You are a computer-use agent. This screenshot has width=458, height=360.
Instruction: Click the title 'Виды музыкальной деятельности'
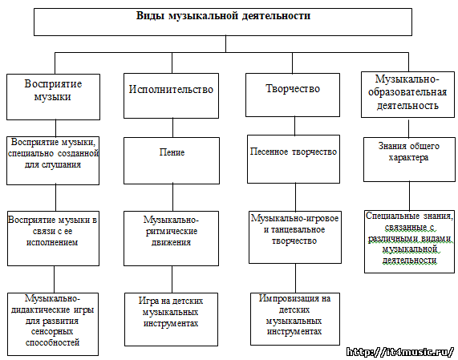pos(223,16)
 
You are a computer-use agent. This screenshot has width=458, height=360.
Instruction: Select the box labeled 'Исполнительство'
pos(171,95)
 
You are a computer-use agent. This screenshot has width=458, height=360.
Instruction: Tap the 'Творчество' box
pos(293,95)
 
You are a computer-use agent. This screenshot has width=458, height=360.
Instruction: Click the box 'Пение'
pos(172,160)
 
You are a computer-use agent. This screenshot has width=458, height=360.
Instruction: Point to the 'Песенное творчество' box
pos(294,159)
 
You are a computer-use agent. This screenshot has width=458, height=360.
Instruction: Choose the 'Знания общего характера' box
pos(409,160)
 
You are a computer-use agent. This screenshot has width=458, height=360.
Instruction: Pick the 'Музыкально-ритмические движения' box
pos(171,238)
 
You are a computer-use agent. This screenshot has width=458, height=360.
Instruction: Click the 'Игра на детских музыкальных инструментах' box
pos(171,319)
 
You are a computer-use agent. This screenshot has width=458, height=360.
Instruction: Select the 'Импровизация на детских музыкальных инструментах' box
pos(295,319)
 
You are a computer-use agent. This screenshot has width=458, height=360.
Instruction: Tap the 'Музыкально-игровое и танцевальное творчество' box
pos(295,237)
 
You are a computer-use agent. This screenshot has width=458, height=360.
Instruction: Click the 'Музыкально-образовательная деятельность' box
pos(407,95)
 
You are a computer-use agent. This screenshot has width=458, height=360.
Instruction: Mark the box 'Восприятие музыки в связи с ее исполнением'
pos(53,238)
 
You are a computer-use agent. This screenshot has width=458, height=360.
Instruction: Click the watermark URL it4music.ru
pos(400,351)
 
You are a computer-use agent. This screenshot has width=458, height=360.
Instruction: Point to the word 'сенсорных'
pos(52,332)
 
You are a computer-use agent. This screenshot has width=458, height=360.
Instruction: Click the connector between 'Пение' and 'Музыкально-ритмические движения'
pos(173,198)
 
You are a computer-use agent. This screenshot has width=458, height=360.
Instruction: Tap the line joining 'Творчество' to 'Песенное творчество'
pos(294,126)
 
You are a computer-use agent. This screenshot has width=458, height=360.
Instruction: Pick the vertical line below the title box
pos(225,44)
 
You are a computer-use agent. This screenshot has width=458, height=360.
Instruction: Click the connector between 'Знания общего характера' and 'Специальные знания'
pos(409,196)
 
